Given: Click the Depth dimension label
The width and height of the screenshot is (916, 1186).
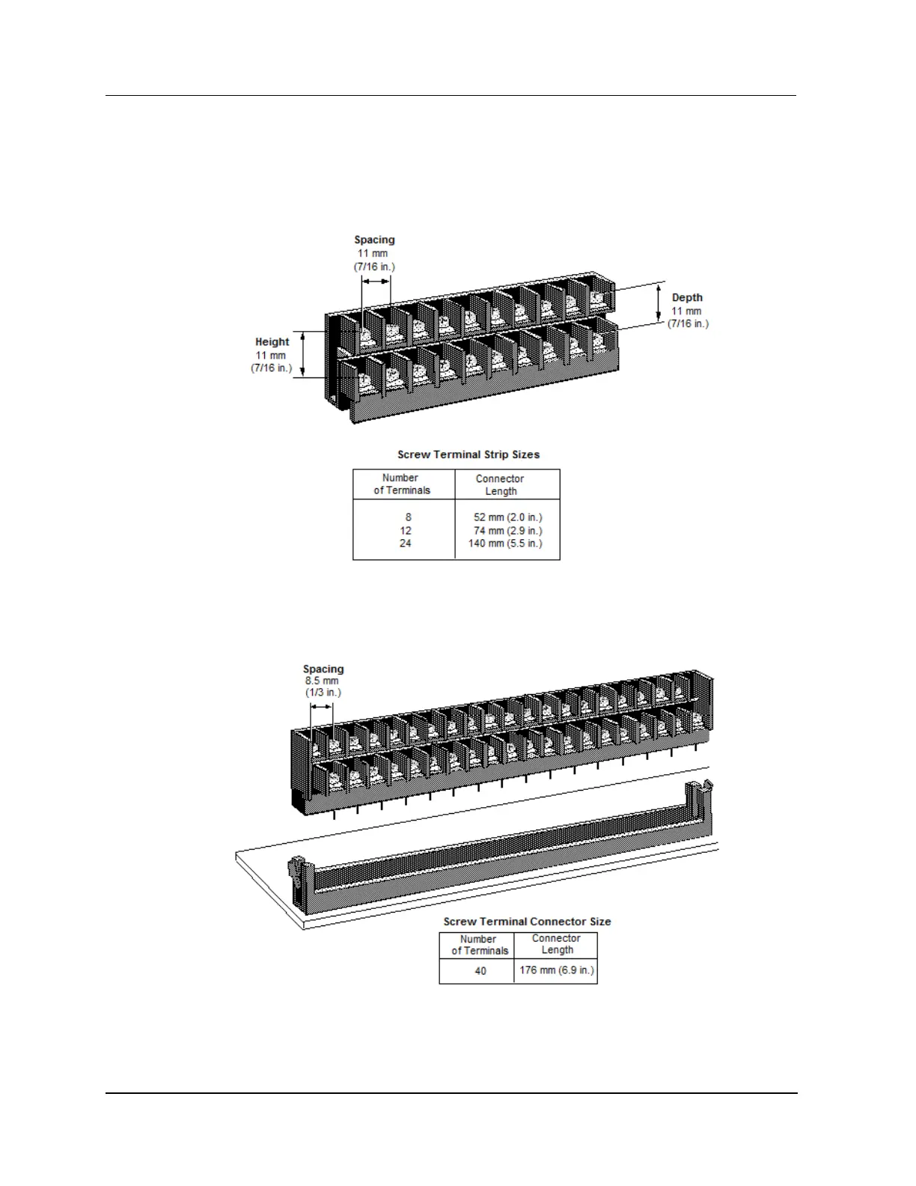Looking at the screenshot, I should [x=687, y=298].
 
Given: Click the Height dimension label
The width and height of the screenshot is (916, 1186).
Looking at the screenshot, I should [x=272, y=342].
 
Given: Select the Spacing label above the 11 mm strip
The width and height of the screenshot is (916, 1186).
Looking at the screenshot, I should [x=374, y=240].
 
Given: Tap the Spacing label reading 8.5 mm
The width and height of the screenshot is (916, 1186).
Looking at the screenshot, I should [x=323, y=669].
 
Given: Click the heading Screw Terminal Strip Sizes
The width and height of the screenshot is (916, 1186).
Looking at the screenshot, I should [x=468, y=454].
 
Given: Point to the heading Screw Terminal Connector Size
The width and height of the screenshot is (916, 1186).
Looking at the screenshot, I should [x=527, y=922].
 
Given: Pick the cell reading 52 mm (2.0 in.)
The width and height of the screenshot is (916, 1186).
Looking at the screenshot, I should [x=507, y=517].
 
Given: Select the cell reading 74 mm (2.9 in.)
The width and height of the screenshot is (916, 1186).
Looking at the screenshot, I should [x=507, y=531].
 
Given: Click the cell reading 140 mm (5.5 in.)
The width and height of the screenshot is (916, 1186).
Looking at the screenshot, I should [x=505, y=544].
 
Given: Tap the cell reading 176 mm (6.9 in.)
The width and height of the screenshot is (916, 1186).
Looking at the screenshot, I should [x=556, y=970].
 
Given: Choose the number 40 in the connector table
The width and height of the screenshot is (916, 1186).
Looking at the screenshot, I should [x=480, y=971].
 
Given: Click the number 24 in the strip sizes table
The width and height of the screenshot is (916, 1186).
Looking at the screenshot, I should [x=405, y=544].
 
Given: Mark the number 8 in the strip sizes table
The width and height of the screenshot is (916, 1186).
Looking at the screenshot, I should [x=408, y=517].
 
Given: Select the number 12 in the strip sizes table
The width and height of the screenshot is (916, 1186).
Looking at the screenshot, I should [x=406, y=531].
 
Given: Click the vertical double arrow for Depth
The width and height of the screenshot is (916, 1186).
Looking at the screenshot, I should [x=659, y=302].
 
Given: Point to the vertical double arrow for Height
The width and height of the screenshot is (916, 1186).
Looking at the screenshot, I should [x=303, y=355].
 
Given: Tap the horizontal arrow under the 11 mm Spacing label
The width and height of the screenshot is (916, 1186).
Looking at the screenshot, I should [x=376, y=282].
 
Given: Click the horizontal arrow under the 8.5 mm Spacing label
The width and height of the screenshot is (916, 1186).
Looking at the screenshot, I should [x=322, y=707].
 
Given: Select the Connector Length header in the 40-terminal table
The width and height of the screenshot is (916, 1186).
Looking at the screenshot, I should [x=556, y=943].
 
